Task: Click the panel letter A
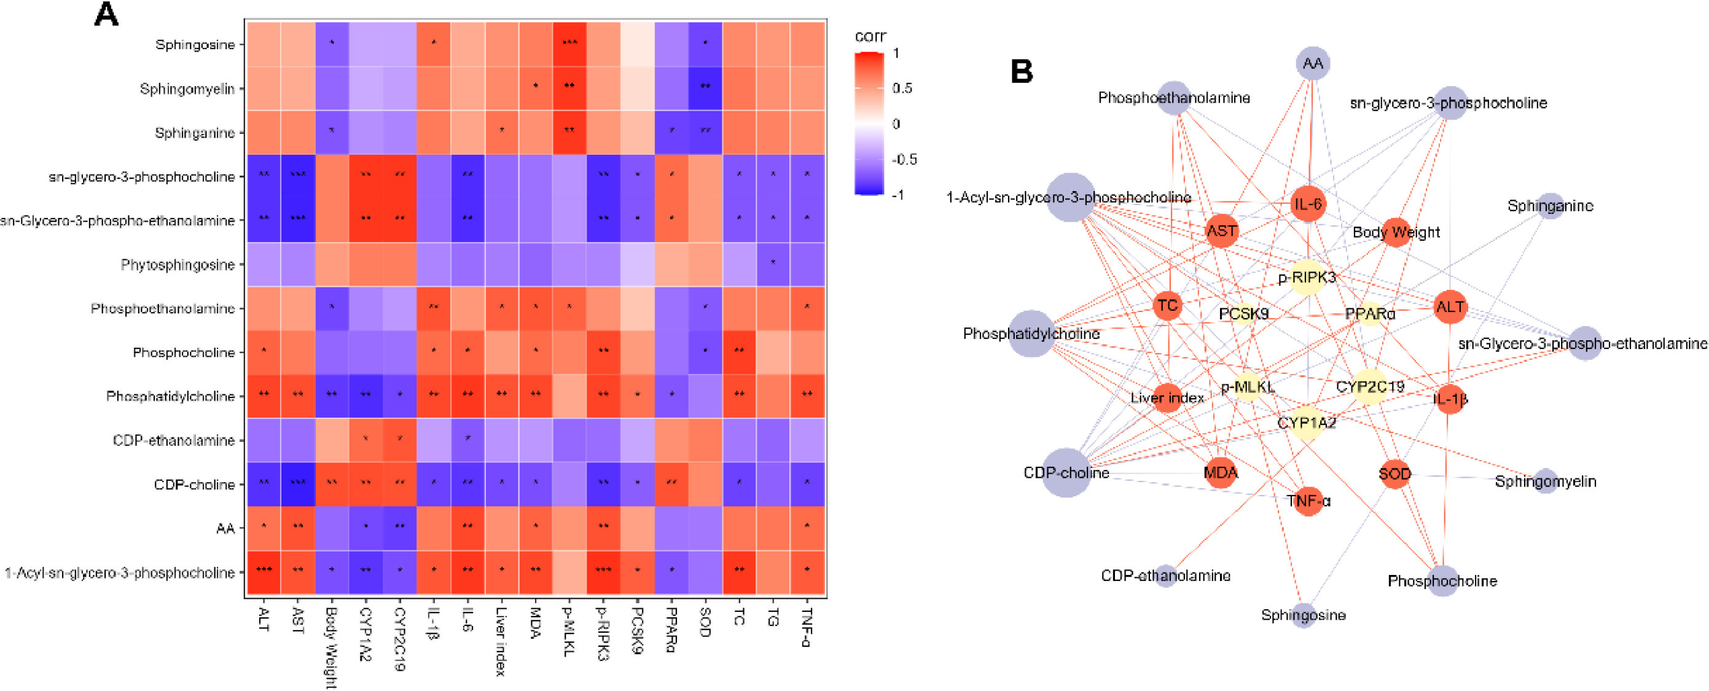106,15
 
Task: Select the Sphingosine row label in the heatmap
195,45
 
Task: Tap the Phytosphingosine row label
178,265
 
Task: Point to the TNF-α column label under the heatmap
807,627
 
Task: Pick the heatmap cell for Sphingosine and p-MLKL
569,44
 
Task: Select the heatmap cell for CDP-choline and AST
298,484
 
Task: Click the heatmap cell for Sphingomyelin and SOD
705,88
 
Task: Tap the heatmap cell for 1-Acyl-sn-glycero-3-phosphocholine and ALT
264,572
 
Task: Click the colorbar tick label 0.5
902,88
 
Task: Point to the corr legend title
870,36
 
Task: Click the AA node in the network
1312,64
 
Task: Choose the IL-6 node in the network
1308,205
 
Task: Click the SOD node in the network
1394,474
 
